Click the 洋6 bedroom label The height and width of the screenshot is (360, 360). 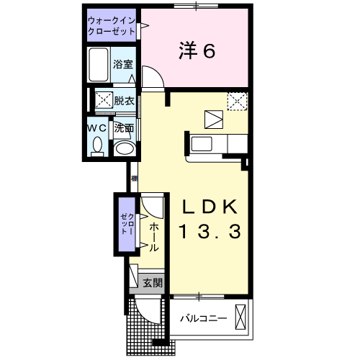pyautogui.click(x=197, y=50)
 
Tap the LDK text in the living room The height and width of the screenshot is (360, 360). pyautogui.click(x=210, y=207)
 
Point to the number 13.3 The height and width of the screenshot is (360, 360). pyautogui.click(x=210, y=231)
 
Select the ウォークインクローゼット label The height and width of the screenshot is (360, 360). pyautogui.click(x=112, y=26)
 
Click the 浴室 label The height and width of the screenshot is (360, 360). pyautogui.click(x=123, y=64)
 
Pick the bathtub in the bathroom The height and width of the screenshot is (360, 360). pyautogui.click(x=99, y=65)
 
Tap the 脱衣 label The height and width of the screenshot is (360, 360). pyautogui.click(x=124, y=101)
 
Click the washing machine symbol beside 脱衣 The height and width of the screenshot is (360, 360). pyautogui.click(x=104, y=99)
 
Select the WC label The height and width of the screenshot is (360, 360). pyautogui.click(x=97, y=128)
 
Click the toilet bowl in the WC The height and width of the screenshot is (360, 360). pyautogui.click(x=97, y=146)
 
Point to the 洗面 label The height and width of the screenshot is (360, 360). pyautogui.click(x=124, y=128)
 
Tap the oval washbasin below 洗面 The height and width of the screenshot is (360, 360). pyautogui.click(x=125, y=148)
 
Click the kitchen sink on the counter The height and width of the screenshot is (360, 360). pyautogui.click(x=202, y=144)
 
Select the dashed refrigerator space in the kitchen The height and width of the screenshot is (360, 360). pyautogui.click(x=237, y=102)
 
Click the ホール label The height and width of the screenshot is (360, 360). pyautogui.click(x=154, y=237)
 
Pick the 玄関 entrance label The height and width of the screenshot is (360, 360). pyautogui.click(x=153, y=283)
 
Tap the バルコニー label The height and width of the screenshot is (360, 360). pyautogui.click(x=204, y=319)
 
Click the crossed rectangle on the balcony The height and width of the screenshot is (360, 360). pyautogui.click(x=240, y=317)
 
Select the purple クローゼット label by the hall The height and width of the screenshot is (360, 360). pyautogui.click(x=127, y=224)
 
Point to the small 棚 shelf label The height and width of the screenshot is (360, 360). pyautogui.click(x=134, y=179)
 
